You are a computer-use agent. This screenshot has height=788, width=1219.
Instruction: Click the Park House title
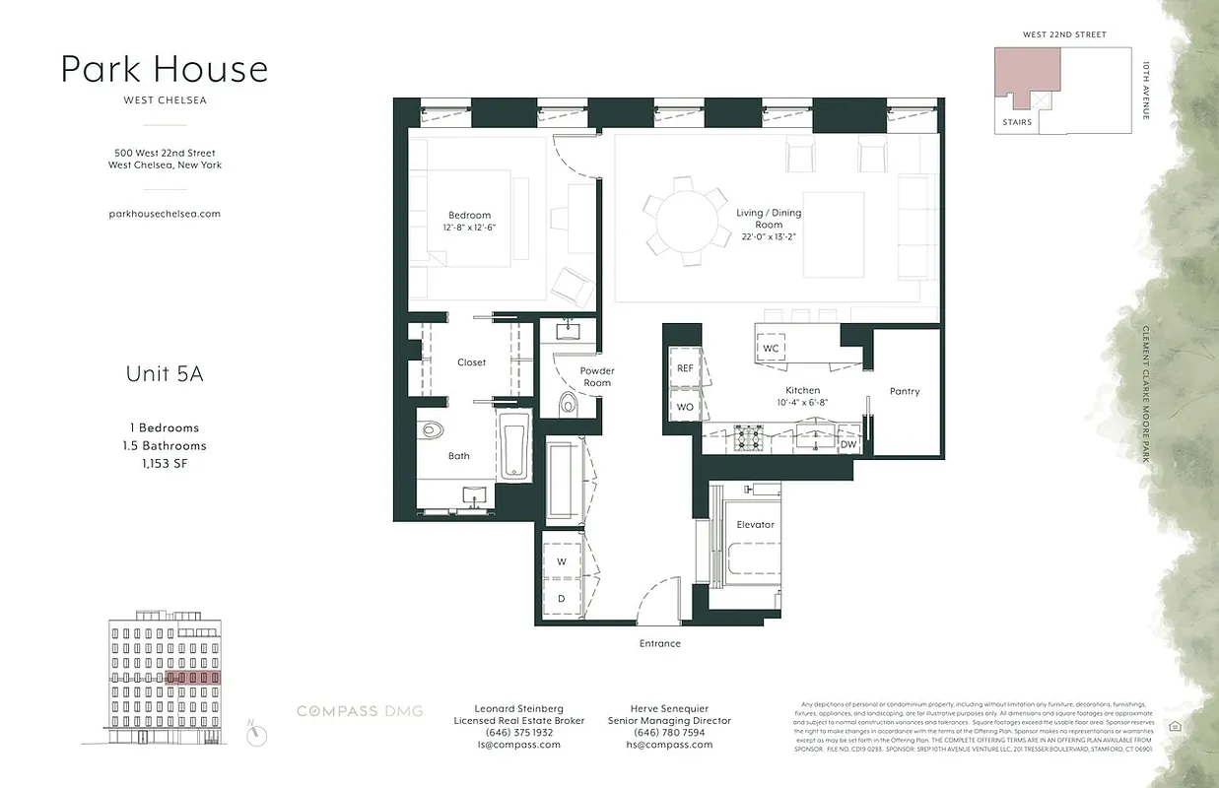coord(165,69)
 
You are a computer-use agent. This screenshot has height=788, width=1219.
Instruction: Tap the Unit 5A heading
coord(165,374)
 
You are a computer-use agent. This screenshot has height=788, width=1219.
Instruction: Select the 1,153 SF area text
coord(165,463)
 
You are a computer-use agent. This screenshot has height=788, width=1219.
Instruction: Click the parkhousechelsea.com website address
coord(165,213)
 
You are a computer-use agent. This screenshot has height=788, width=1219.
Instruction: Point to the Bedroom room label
coord(469,216)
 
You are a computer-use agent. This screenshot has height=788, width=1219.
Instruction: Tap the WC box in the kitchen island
coord(771,349)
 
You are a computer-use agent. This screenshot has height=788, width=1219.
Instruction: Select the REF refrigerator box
coord(685,367)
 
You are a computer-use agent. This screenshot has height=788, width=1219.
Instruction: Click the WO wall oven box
coord(685,406)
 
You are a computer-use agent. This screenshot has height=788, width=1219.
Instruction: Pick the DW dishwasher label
coord(848,444)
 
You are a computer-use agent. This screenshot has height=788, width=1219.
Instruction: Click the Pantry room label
coord(904,391)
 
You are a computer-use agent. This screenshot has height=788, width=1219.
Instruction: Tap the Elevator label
coord(756,525)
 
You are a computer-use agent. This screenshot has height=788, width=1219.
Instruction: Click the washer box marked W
coord(562,561)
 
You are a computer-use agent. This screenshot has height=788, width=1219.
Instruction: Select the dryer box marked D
coord(562,597)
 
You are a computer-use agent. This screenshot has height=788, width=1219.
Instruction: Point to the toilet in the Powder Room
coord(569,404)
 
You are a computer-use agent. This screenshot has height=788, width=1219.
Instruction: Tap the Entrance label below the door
coord(659,643)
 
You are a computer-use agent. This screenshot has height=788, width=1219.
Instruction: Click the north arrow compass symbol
coord(257,733)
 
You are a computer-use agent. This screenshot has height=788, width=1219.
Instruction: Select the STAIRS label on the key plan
coord(1017,122)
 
